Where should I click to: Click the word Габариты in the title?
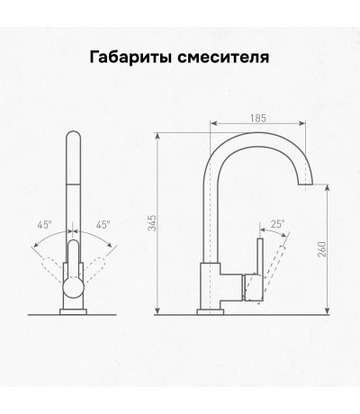pyautogui.click(x=130, y=58)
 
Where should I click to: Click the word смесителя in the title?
pyautogui.click(x=223, y=58)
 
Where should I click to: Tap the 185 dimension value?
pyautogui.click(x=258, y=118)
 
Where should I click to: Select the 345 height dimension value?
pyautogui.click(x=153, y=222)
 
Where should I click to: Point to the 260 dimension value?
pyautogui.click(x=321, y=248)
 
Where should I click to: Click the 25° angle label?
pyautogui.click(x=278, y=224)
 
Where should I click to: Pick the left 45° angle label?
pyautogui.click(x=44, y=225)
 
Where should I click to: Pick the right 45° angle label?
pyautogui.click(x=103, y=225)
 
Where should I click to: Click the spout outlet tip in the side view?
pyautogui.click(x=305, y=184)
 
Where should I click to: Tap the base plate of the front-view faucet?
pyautogui.click(x=73, y=312)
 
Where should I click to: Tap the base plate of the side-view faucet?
pyautogui.click(x=211, y=312)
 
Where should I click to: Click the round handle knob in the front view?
pyautogui.click(x=73, y=288)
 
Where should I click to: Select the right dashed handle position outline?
pyautogui.click(x=94, y=268)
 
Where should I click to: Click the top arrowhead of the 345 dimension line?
pyautogui.click(x=157, y=136)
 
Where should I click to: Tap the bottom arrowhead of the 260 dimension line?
pyautogui.click(x=328, y=311)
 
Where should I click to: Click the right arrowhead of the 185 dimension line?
pyautogui.click(x=302, y=123)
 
